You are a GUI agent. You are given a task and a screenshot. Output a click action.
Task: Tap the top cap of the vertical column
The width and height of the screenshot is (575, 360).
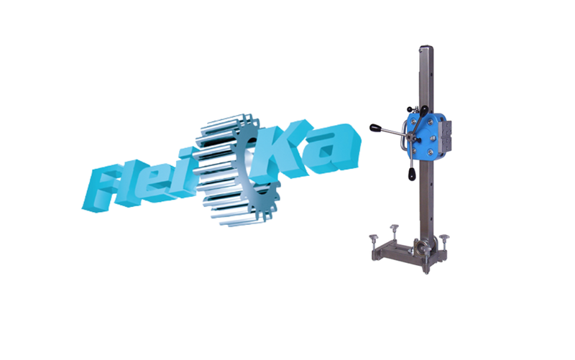pyautogui.click(x=426, y=47)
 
